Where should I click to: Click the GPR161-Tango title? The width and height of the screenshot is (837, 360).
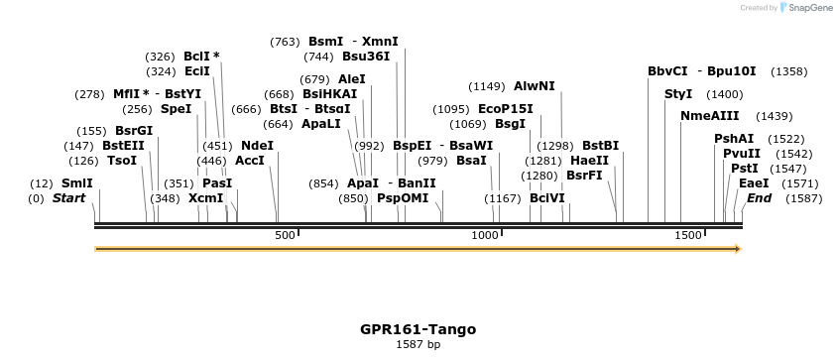(418, 329)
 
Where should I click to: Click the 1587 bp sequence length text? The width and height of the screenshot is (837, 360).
(418, 345)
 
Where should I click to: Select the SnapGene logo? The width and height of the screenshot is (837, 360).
(804, 7)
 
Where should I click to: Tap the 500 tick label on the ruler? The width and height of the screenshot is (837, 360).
(285, 235)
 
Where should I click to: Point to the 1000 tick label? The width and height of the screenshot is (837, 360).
(484, 235)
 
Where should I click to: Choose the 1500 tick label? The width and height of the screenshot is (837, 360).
(688, 235)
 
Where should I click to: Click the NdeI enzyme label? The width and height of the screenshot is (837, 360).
(257, 145)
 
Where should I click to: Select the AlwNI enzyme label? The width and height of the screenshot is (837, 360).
(535, 86)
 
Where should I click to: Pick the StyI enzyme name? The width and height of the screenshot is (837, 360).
(678, 94)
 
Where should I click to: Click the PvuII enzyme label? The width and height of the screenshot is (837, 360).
(742, 154)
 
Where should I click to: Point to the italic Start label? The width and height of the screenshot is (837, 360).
(68, 198)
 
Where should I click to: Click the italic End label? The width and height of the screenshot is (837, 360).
(760, 198)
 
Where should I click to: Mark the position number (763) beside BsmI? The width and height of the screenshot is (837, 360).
(285, 42)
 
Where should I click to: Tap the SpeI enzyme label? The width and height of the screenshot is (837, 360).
(176, 109)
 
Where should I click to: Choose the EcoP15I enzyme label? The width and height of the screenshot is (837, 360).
(505, 109)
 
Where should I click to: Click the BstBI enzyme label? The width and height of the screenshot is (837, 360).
(600, 145)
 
